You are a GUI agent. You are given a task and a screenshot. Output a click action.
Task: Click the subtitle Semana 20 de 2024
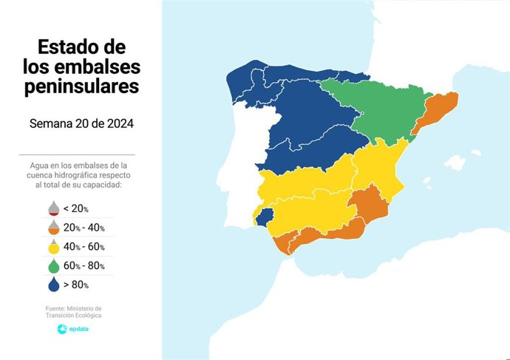[81, 123]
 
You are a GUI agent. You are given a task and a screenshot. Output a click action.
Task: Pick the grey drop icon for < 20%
[55, 208]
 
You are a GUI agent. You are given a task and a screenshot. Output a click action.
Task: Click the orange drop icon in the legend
[55, 228]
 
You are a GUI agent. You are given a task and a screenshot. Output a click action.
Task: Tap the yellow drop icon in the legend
[55, 246]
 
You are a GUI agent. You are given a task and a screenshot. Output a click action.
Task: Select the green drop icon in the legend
[55, 265]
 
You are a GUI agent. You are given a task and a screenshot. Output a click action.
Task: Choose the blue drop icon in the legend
[55, 284]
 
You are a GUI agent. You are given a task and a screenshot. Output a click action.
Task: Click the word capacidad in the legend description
[96, 186]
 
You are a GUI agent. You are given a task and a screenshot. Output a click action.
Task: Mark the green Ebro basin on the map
[370, 111]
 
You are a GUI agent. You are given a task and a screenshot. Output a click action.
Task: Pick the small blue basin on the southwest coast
[265, 215]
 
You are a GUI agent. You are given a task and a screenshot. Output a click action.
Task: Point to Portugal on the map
[240, 170]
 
